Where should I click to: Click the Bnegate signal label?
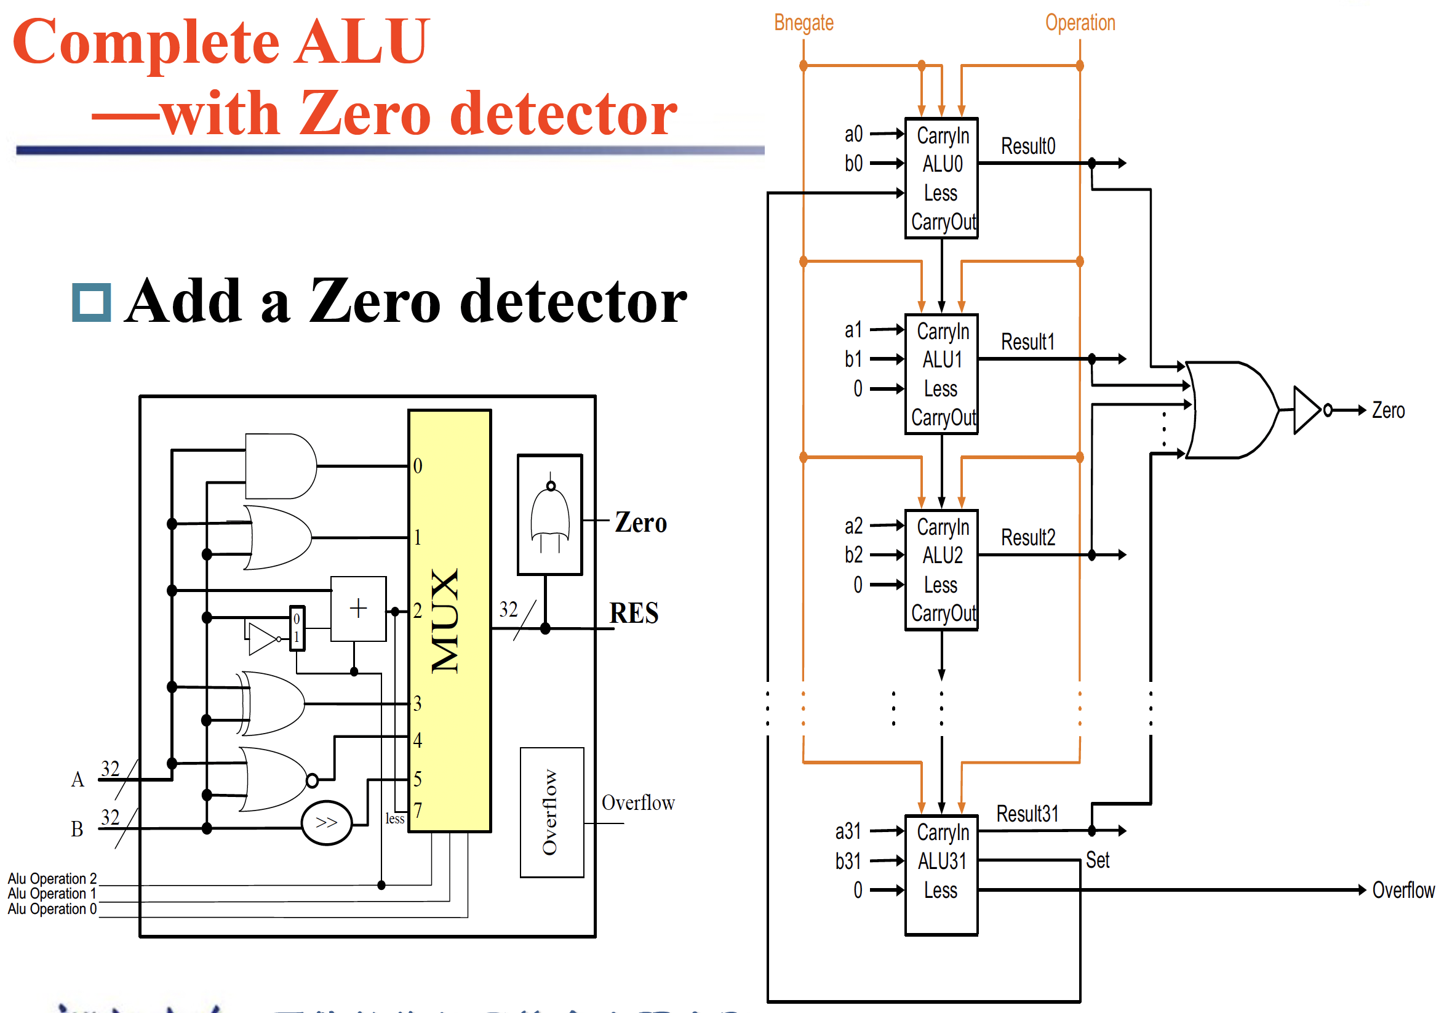[x=803, y=23]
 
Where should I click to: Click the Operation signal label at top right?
[x=1080, y=23]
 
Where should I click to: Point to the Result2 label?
[x=1027, y=538]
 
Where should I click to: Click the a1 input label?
[x=853, y=330]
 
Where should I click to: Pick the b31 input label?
[x=847, y=861]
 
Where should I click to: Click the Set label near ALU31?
[x=1097, y=860]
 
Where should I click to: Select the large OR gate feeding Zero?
[x=1231, y=410]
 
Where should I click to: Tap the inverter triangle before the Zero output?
[x=1307, y=410]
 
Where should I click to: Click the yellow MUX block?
[x=450, y=620]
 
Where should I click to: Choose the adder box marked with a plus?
[x=359, y=609]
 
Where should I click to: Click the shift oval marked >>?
[x=326, y=823]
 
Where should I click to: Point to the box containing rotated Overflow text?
[x=551, y=812]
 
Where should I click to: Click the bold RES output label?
[x=634, y=612]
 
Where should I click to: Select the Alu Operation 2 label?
[x=52, y=878]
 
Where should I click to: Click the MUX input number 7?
[x=418, y=811]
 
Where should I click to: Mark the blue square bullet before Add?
[x=92, y=302]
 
